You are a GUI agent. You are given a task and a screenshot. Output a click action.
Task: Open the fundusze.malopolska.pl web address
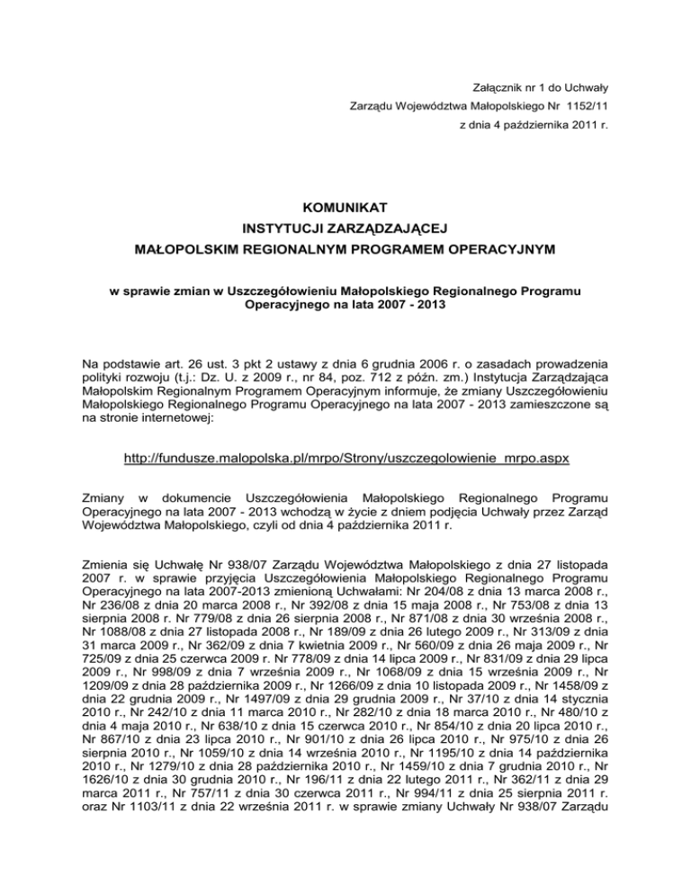pos(345,459)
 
